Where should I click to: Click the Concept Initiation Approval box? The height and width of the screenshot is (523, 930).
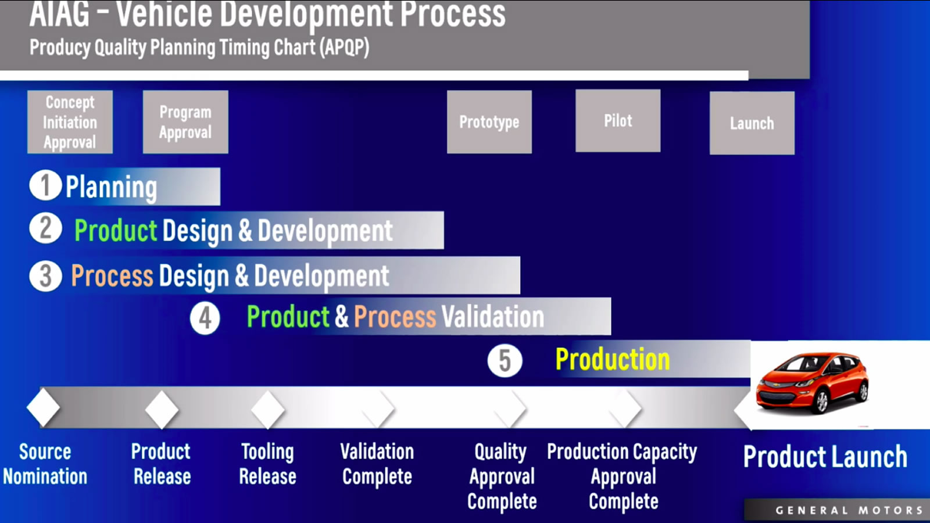pos(70,122)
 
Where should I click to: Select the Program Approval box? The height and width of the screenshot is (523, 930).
pos(185,122)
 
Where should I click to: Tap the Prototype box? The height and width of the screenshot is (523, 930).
pos(489,122)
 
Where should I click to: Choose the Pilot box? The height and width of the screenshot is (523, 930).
pos(618,121)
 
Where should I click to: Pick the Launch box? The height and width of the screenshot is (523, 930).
pos(752,123)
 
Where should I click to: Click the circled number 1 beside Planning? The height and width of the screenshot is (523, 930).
pos(46,185)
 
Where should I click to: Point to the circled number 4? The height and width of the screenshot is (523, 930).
pos(205,318)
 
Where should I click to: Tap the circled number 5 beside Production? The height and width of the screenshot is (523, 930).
pos(505,361)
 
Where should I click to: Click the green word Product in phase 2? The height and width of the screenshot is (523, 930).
pos(116,231)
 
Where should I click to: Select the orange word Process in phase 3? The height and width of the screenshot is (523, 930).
pos(112,276)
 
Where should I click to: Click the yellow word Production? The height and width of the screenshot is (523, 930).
pos(613,360)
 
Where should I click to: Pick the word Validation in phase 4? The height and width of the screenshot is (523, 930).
pos(492,317)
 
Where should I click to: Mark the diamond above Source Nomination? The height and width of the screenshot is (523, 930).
pos(43,407)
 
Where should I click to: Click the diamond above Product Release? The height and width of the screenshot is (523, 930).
pos(162,409)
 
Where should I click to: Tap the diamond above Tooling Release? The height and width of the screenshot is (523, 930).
pos(268,409)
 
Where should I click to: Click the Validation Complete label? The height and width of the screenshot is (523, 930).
pos(377,464)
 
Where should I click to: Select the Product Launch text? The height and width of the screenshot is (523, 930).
pos(825,457)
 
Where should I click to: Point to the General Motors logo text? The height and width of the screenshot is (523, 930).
pos(849,510)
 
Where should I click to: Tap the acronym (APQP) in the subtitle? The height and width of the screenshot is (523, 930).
pos(344,47)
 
